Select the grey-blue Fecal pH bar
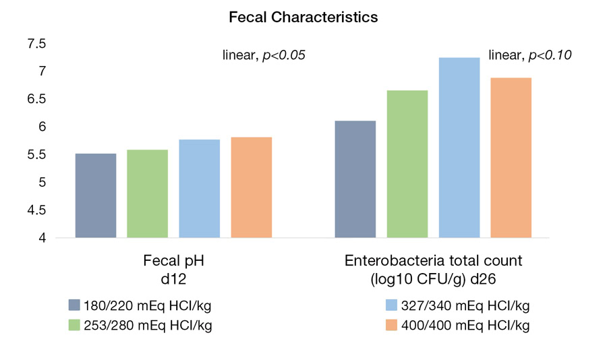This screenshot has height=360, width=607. (x=95, y=196)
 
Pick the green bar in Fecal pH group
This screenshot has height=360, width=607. (x=147, y=193)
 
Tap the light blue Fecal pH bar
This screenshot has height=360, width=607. (x=199, y=189)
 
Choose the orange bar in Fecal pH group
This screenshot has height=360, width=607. (x=251, y=187)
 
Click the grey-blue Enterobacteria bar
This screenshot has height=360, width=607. (x=355, y=179)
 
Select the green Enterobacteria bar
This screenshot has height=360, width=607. (x=407, y=164)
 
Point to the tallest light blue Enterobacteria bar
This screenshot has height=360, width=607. (x=459, y=148)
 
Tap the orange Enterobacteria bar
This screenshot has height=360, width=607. (x=511, y=158)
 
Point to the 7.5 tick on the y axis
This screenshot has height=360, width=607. (x=36, y=44)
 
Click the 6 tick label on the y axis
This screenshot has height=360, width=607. (x=41, y=127)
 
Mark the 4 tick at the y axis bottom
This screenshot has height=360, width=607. (x=41, y=238)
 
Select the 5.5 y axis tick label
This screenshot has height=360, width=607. (x=36, y=155)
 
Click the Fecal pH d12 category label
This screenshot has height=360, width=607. (x=173, y=268)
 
